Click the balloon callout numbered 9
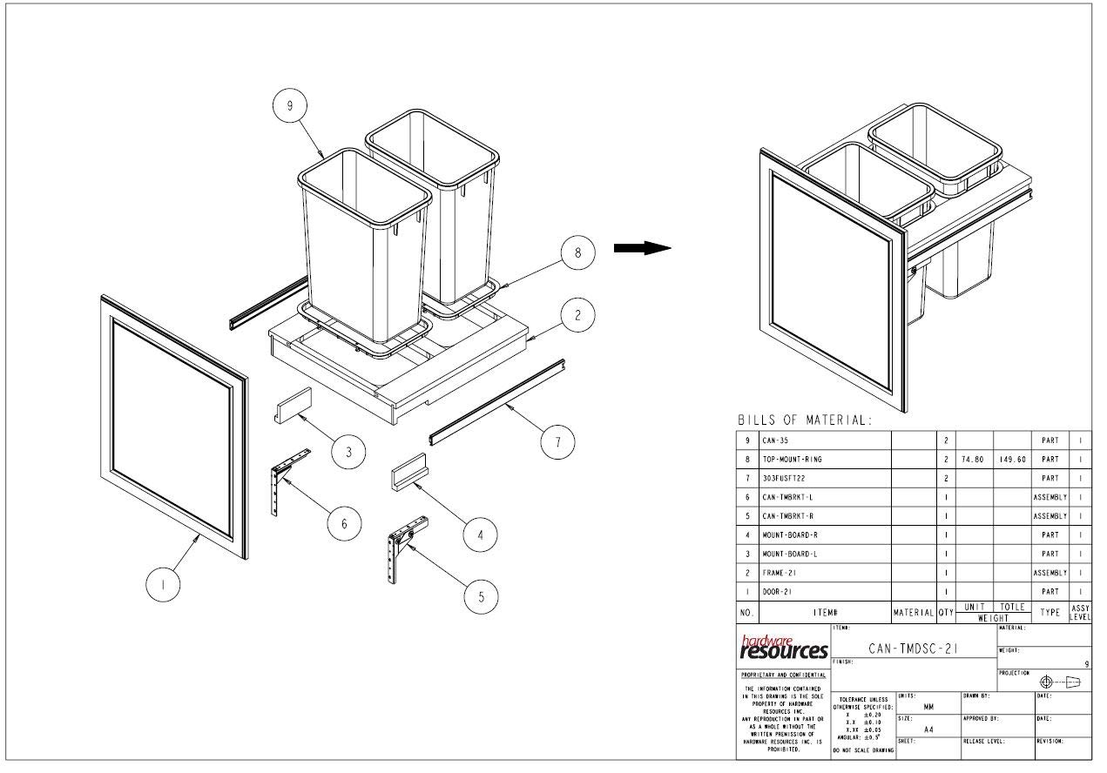(290, 106)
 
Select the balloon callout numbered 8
(577, 253)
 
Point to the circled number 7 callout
(557, 443)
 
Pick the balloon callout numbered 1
(163, 586)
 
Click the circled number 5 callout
(481, 596)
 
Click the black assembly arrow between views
(642, 248)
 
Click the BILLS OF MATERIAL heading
(804, 420)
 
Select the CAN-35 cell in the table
(775, 440)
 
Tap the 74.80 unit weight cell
(974, 459)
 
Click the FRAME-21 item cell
(779, 573)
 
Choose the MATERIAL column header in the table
(914, 613)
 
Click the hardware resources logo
(784, 647)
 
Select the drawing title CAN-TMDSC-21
(915, 648)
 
